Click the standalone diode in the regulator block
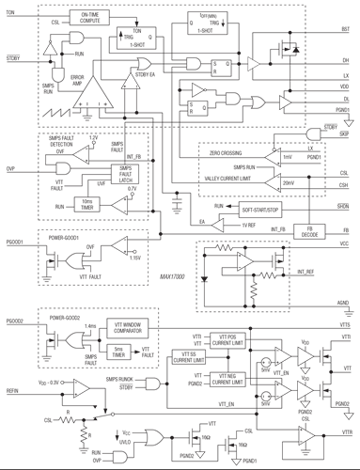[206, 281]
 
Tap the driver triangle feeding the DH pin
[253, 64]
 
